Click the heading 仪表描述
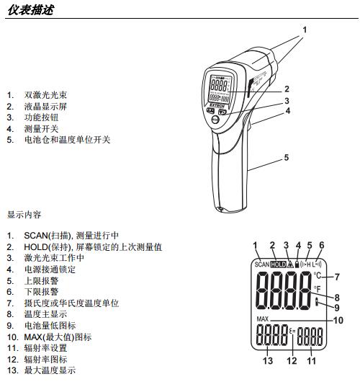[x=30, y=10]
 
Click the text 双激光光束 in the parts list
[x=45, y=95]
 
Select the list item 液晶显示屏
[x=45, y=107]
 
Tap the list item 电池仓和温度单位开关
[x=67, y=140]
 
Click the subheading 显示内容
[x=24, y=215]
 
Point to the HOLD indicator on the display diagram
[x=278, y=264]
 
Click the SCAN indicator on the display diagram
[x=262, y=264]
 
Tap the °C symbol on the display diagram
[x=318, y=275]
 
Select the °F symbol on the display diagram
[x=317, y=289]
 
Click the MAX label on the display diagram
[x=262, y=319]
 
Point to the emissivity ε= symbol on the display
[x=292, y=331]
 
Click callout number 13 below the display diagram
[x=268, y=360]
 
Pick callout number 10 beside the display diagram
[x=338, y=320]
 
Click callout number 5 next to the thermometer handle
[x=287, y=157]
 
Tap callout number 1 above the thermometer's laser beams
[x=305, y=30]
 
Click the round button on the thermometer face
[x=215, y=120]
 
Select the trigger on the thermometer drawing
[x=248, y=121]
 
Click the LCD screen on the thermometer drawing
[x=220, y=89]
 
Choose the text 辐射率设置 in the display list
[x=45, y=348]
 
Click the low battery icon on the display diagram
[x=317, y=302]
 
